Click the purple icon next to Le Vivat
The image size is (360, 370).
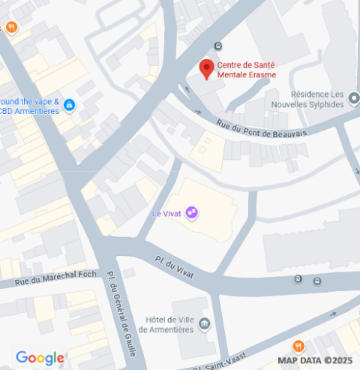click(193, 213)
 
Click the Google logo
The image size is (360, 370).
click(39, 358)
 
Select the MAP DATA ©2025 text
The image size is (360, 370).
click(314, 361)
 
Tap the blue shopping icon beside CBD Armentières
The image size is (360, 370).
click(69, 105)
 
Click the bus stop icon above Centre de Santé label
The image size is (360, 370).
click(217, 45)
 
